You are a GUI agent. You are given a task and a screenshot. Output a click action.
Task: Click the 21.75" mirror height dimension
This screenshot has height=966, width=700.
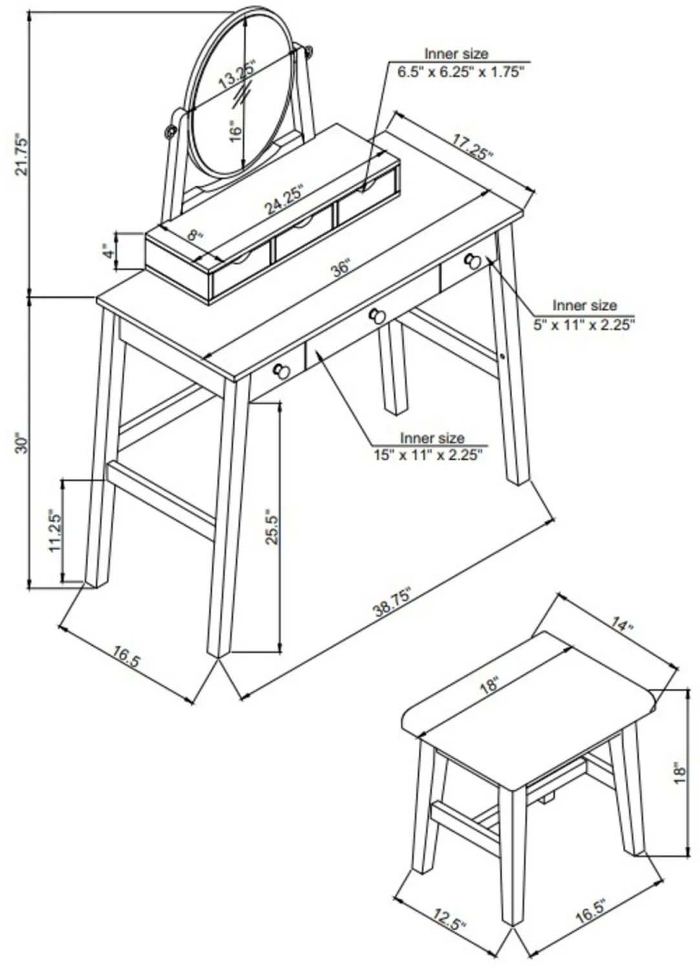(22, 154)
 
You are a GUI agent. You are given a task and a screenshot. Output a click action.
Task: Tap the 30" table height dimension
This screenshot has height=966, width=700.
(21, 443)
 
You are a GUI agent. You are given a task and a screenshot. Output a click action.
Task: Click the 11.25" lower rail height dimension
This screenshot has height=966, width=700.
(55, 531)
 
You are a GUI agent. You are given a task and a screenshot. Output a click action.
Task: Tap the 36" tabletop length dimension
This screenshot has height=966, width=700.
(340, 269)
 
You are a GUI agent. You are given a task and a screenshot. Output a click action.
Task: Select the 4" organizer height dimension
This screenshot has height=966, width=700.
(111, 251)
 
